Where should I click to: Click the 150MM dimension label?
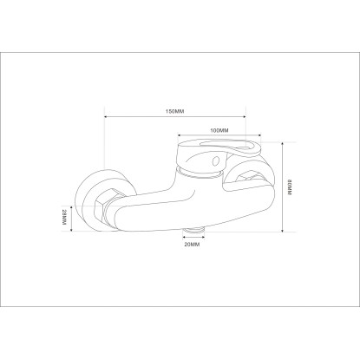point(174,111)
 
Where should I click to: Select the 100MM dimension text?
point(219,130)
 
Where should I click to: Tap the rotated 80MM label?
point(290,187)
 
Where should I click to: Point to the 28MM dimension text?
point(64,217)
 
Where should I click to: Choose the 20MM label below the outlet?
point(192,245)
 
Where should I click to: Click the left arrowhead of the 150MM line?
point(106,117)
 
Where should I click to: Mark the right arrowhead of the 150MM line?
point(244,117)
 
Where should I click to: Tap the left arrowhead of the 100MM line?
point(180,134)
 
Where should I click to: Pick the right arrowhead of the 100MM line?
point(259,134)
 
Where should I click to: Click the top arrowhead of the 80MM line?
point(282,144)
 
